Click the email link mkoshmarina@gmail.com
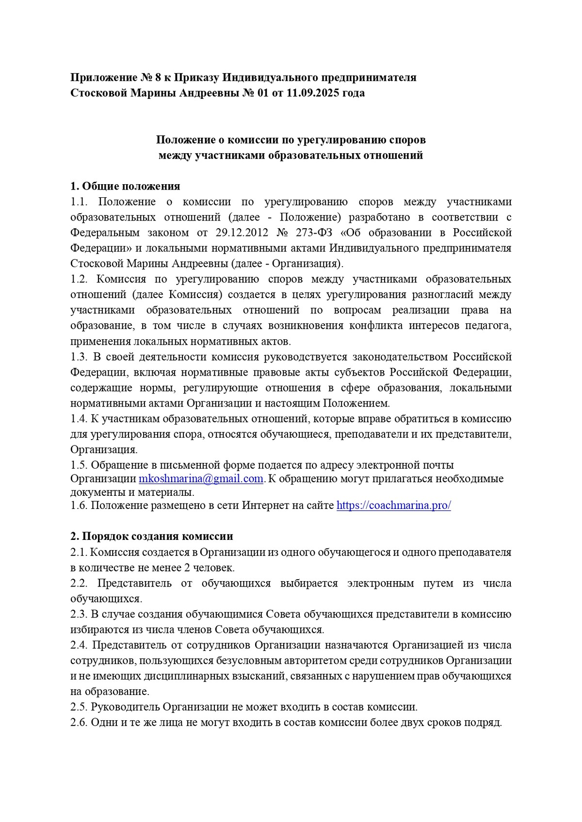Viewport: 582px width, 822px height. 201,479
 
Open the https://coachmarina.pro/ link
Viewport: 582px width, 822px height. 393,506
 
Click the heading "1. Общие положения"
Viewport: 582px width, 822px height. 125,186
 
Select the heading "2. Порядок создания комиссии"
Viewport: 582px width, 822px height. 151,537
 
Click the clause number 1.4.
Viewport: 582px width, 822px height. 79,419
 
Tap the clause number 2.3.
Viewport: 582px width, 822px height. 79,614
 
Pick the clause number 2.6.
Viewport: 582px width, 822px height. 79,723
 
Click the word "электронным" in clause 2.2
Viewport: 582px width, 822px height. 381,583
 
